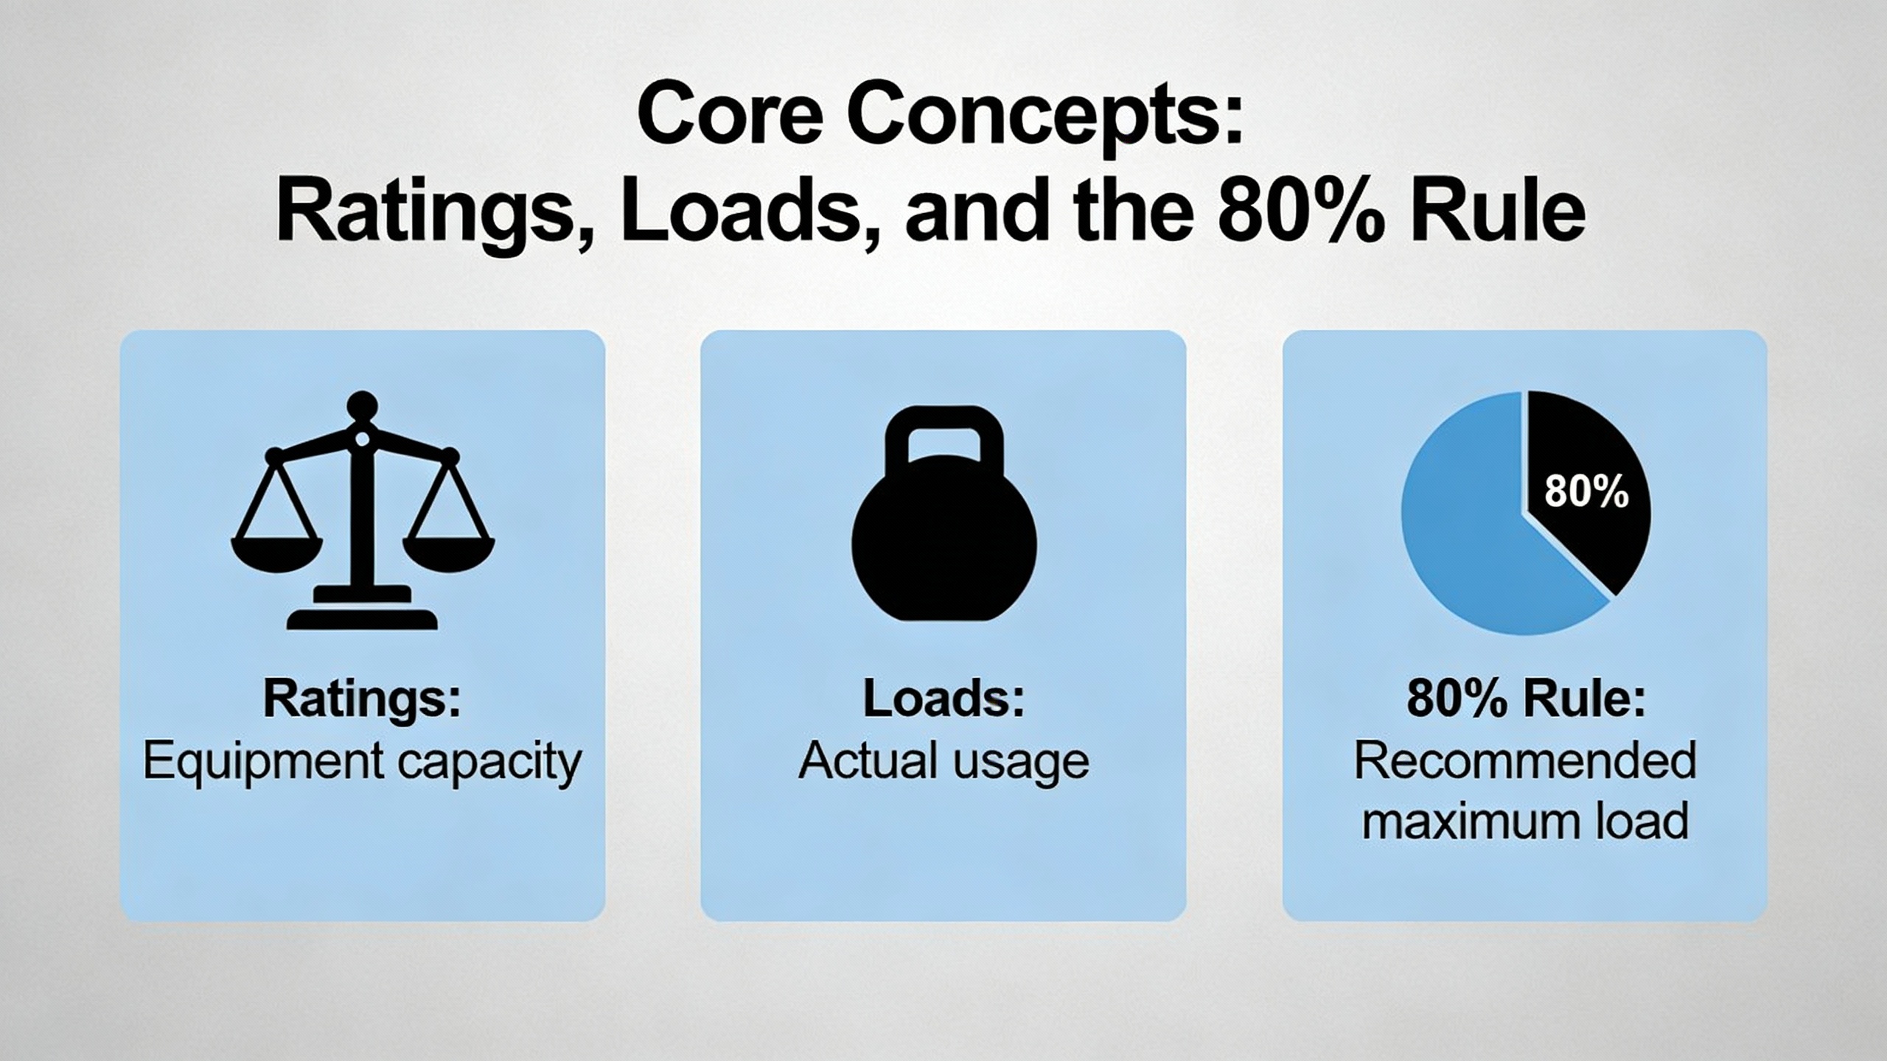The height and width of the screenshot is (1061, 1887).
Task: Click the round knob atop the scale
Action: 362,406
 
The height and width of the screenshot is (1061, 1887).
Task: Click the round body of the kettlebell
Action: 944,545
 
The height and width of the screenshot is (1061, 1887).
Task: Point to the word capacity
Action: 489,763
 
